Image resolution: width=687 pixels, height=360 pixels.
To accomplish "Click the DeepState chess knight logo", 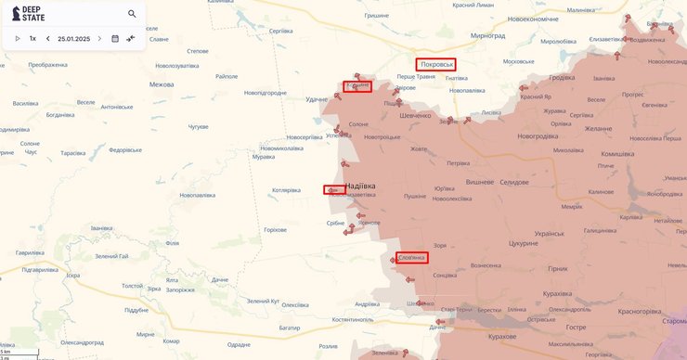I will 17,14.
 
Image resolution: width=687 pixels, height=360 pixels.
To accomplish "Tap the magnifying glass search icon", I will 132,14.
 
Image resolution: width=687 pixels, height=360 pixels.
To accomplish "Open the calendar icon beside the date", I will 115,39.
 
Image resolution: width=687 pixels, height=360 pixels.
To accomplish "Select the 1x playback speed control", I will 32,39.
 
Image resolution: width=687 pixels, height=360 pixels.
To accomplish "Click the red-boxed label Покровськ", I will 436,64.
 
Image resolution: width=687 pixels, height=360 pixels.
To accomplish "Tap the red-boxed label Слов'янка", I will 411,257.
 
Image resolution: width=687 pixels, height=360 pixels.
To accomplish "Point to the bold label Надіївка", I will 360,186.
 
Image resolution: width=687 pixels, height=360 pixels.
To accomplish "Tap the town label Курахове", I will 508,337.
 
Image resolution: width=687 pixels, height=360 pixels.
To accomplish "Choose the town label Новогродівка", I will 538,136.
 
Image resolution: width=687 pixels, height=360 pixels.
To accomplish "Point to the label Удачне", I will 317,98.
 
